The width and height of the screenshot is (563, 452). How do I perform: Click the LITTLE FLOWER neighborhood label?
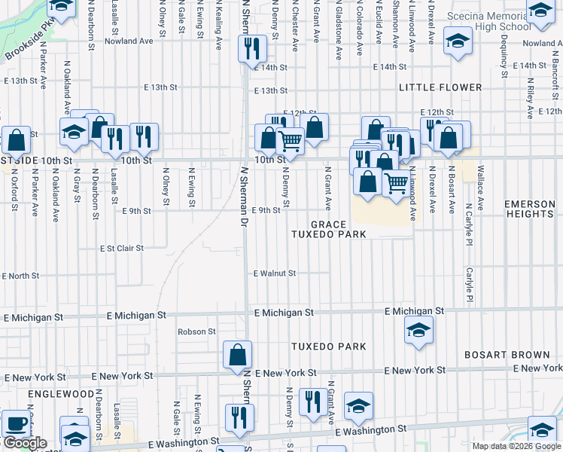(x=440, y=87)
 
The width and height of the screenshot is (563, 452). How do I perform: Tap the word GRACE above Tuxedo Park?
(x=328, y=224)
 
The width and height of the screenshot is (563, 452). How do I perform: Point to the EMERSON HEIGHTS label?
(x=530, y=209)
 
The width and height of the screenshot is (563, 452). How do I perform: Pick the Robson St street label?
(x=196, y=331)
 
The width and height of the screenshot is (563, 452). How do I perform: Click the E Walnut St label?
(x=275, y=273)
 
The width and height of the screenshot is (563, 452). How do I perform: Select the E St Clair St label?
(x=121, y=248)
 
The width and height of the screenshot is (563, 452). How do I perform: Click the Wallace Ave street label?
(x=480, y=194)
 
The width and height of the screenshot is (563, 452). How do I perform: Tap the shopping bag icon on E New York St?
(x=238, y=354)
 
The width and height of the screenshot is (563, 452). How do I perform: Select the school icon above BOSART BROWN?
(x=418, y=330)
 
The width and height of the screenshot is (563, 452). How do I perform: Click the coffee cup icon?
(x=15, y=423)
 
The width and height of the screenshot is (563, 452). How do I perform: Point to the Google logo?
(x=25, y=444)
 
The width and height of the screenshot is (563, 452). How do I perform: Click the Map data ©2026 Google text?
(x=516, y=446)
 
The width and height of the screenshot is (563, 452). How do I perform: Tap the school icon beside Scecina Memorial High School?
(x=457, y=41)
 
